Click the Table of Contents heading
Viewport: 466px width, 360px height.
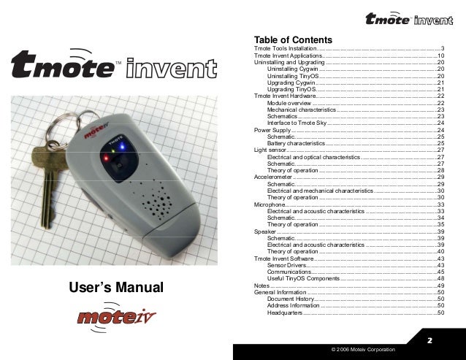pyautogui.click(x=293, y=39)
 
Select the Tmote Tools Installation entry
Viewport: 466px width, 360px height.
pyautogui.click(x=285, y=48)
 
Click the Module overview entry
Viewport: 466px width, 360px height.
pyautogui.click(x=289, y=103)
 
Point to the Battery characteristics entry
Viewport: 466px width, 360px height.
pyautogui.click(x=295, y=144)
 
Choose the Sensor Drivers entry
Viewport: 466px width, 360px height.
pyautogui.click(x=287, y=265)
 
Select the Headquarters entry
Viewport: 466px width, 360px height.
pyautogui.click(x=284, y=313)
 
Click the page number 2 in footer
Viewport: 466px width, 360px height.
pyautogui.click(x=429, y=341)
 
